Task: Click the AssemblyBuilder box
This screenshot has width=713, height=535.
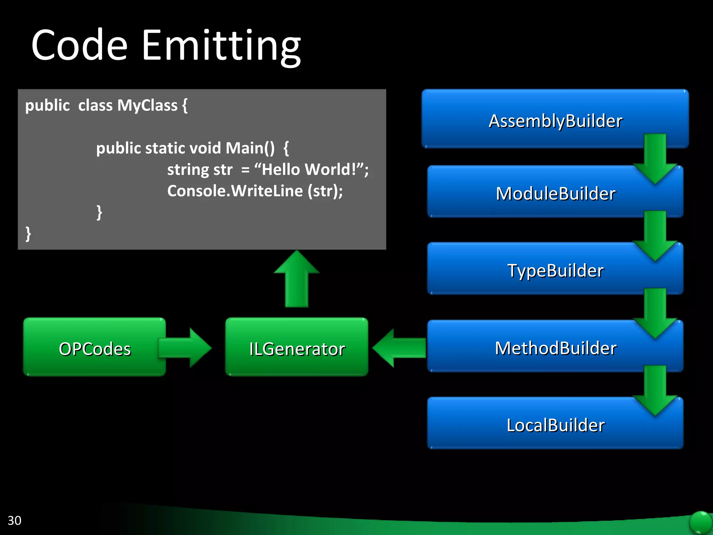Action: point(555,120)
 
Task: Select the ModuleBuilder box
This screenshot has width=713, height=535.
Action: point(555,193)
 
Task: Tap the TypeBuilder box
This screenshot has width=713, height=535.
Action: point(555,270)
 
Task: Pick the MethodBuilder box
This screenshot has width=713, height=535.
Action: point(555,348)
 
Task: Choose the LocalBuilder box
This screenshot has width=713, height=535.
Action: point(555,425)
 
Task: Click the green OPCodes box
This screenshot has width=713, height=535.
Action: point(95,348)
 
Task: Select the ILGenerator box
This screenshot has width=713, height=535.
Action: point(297,348)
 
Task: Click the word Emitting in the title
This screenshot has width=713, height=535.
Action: point(221,45)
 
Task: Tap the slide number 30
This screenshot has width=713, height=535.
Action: point(14,520)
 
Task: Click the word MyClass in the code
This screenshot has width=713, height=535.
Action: point(147,105)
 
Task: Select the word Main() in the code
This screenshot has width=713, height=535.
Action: point(250,148)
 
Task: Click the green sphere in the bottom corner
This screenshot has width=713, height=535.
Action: point(700,522)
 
